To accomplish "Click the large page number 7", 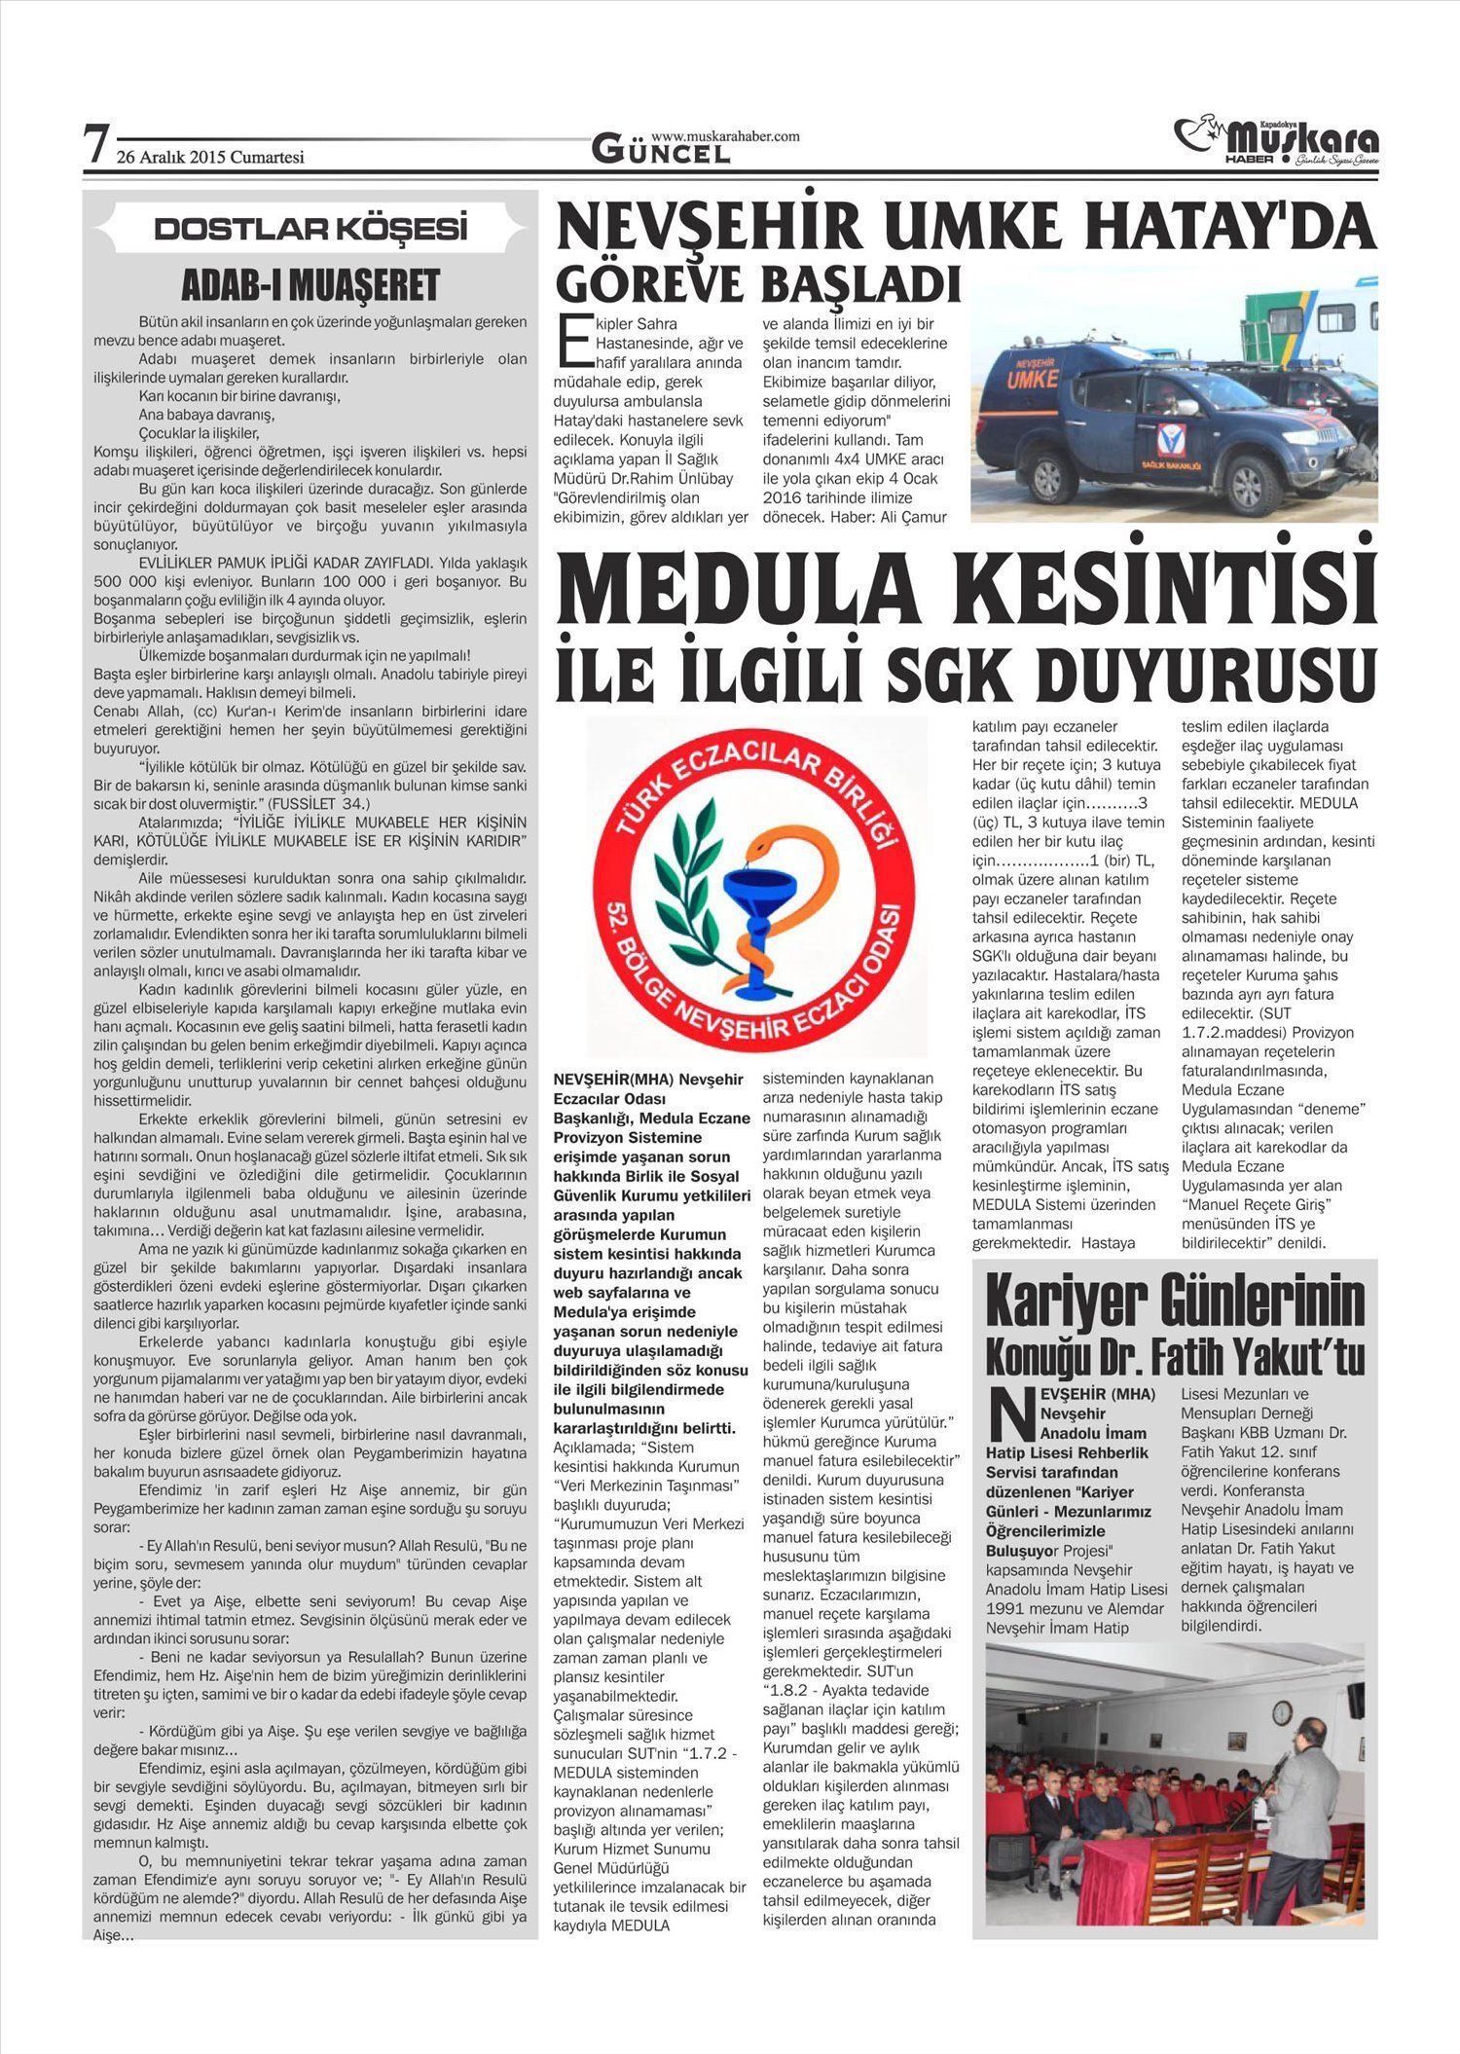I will tap(94, 146).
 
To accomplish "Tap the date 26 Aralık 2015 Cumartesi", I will tap(210, 158).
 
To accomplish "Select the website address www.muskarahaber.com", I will tap(725, 136).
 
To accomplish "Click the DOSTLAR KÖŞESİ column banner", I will tap(310, 229).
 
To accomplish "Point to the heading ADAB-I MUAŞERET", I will tap(310, 286).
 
